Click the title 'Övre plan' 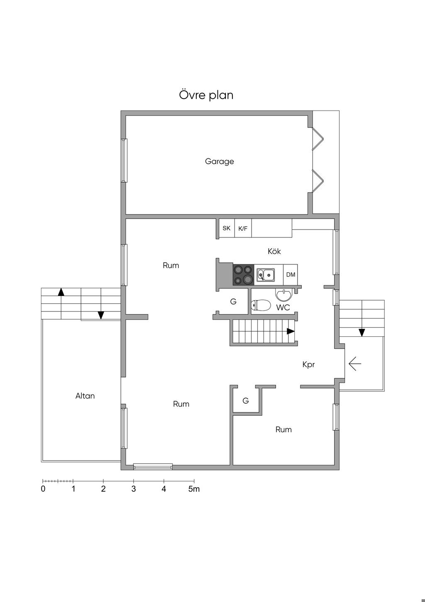point(206,95)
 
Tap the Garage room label point(219,161)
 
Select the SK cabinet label point(226,228)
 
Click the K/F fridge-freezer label point(243,228)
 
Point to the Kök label point(274,251)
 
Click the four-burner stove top point(243,275)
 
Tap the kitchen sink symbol point(264,275)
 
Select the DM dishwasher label point(291,275)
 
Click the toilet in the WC point(261,305)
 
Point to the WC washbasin point(283,295)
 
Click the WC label point(283,308)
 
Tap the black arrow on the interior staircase point(291,331)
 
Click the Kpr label point(308,365)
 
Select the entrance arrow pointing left point(355,364)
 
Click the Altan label point(85,396)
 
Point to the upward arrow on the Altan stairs point(61,292)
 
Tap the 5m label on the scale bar point(194,489)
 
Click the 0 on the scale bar point(43,489)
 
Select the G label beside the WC point(233,301)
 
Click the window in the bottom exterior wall point(153,467)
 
